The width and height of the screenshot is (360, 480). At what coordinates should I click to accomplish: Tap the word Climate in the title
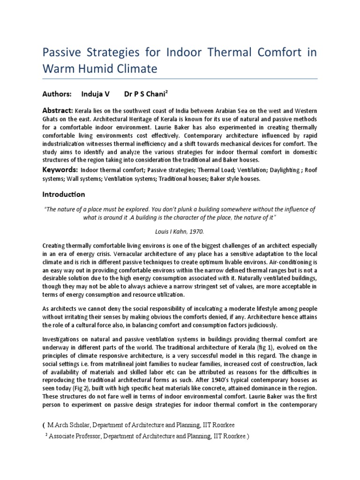click(136, 70)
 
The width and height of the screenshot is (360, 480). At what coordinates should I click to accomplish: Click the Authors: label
click(57, 94)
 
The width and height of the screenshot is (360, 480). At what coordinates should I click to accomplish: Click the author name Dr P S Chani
click(143, 94)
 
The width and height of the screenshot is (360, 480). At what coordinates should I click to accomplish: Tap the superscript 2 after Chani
click(167, 91)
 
